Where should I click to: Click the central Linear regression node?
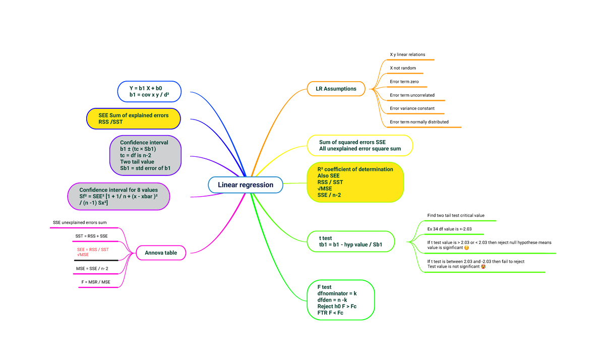point(246,185)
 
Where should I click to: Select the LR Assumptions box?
point(336,89)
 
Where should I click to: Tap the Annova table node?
point(161,253)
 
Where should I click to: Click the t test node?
point(350,242)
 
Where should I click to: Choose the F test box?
point(341,300)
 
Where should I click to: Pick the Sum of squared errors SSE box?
point(360,146)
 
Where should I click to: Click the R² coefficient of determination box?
point(355,182)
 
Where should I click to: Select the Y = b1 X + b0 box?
point(149,91)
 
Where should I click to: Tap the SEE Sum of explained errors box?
point(134,118)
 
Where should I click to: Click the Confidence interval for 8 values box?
point(118,197)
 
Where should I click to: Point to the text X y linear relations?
point(407,54)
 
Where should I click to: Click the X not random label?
point(403,68)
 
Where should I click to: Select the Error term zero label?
point(404,82)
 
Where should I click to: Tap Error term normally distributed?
point(419,122)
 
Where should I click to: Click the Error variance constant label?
point(412,108)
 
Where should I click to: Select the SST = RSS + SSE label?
point(91,236)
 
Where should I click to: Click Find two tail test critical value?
point(456,215)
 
